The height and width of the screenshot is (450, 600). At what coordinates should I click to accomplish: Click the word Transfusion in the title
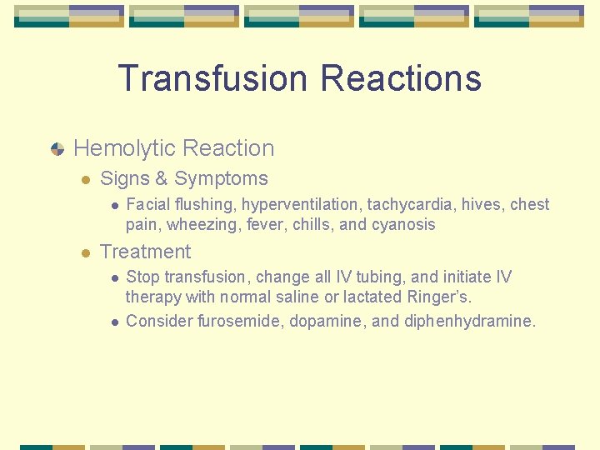click(x=213, y=78)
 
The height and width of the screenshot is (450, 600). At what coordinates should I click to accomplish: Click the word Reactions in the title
click(x=401, y=78)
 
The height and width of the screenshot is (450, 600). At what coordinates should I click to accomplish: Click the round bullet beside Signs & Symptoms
click(x=85, y=179)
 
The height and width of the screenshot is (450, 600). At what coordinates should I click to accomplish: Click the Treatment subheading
click(x=145, y=252)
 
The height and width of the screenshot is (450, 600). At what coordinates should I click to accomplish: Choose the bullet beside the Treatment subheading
click(x=85, y=252)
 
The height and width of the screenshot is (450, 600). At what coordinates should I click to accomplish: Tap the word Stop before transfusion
click(x=143, y=277)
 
